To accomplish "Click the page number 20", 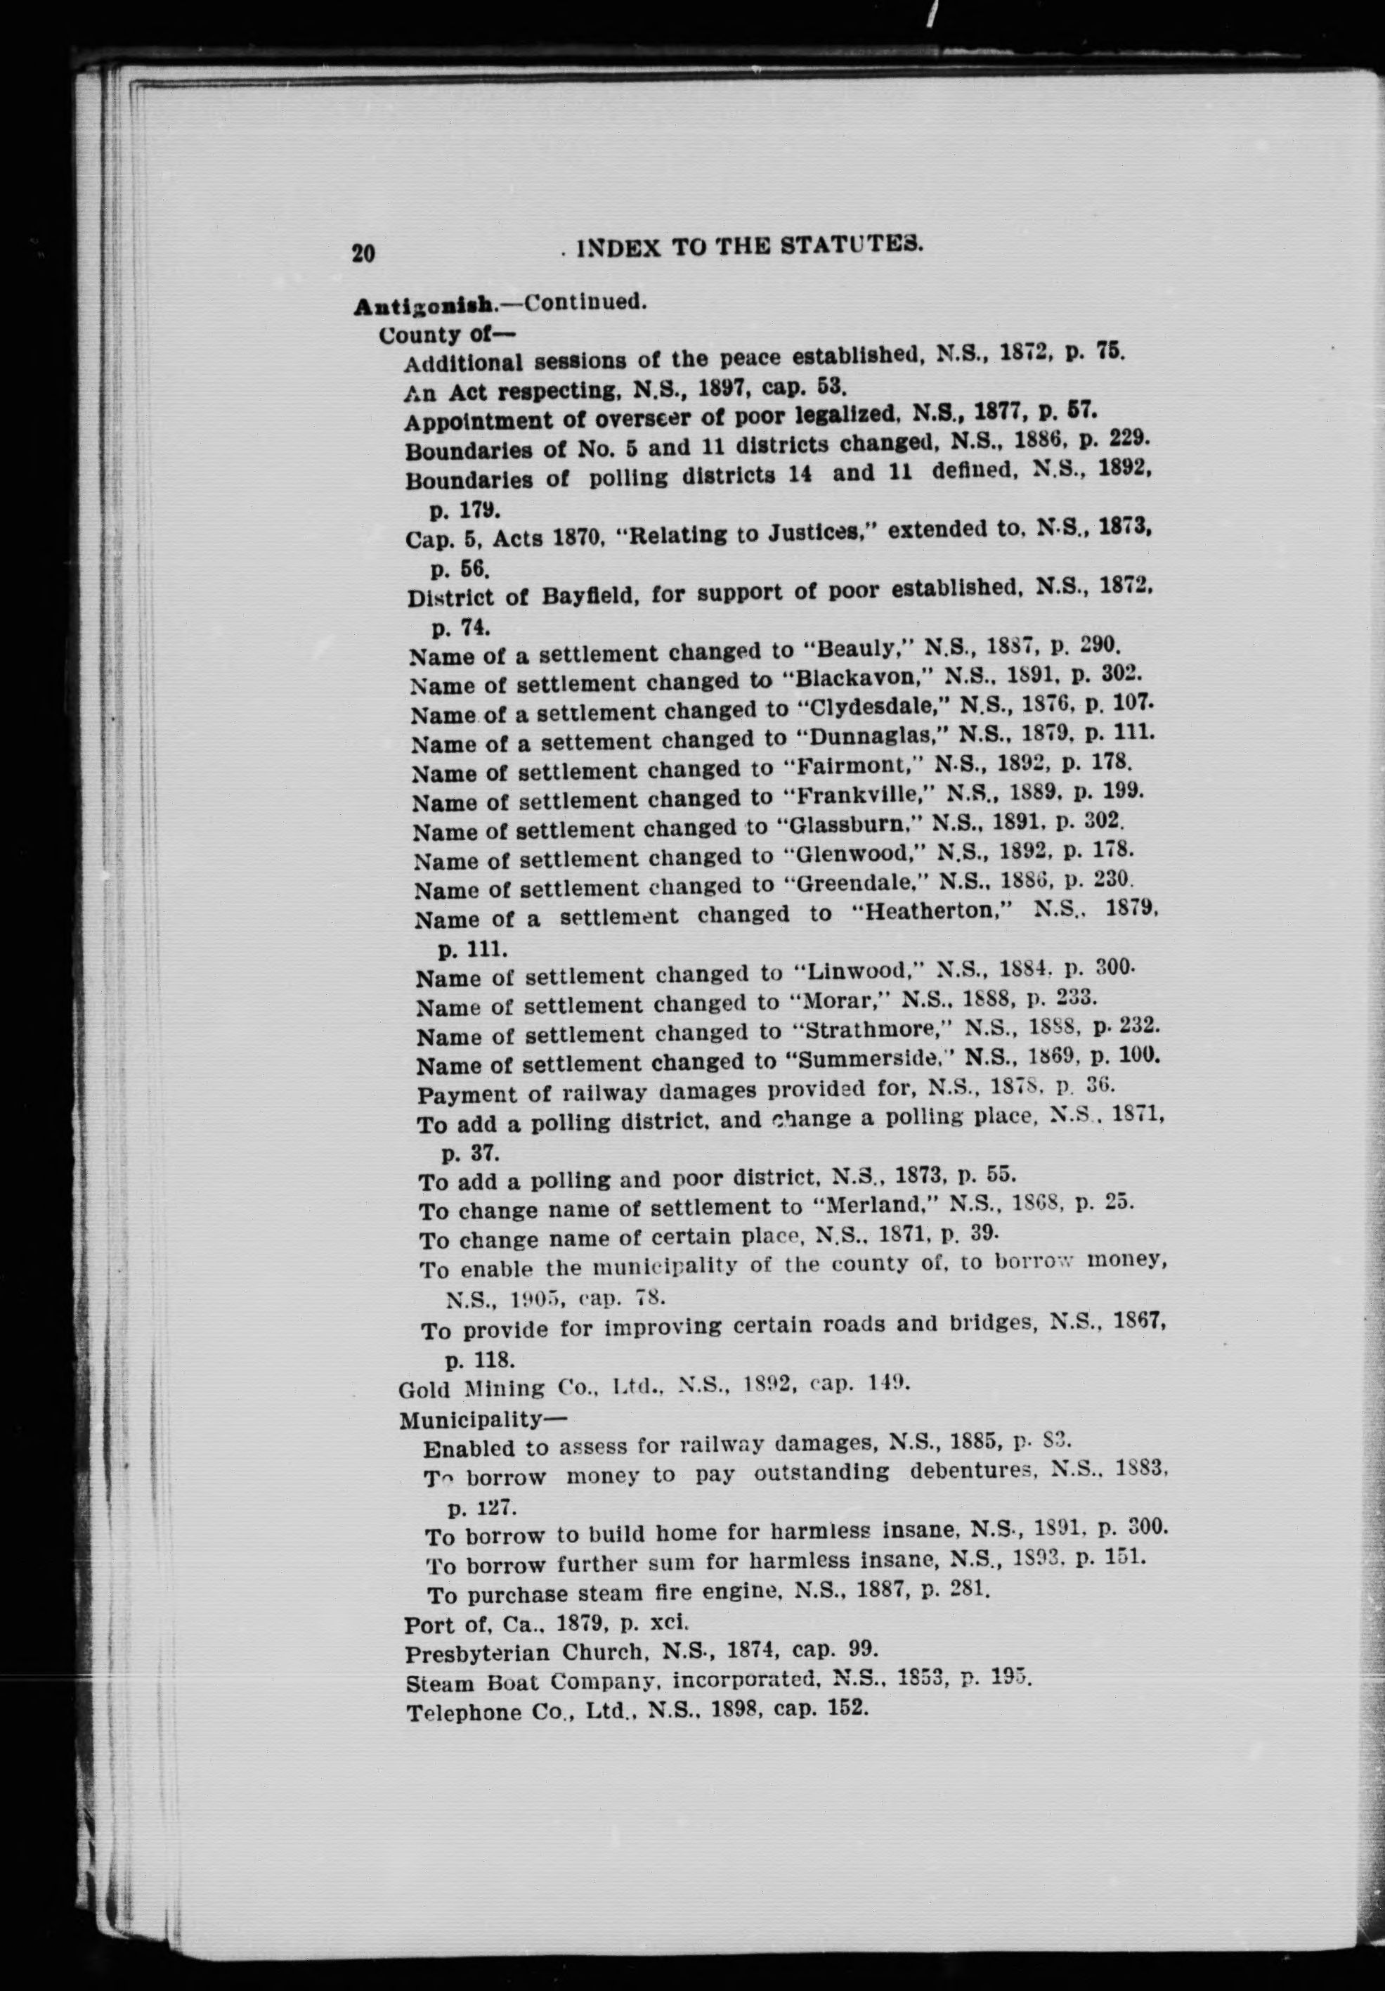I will pos(363,252).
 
